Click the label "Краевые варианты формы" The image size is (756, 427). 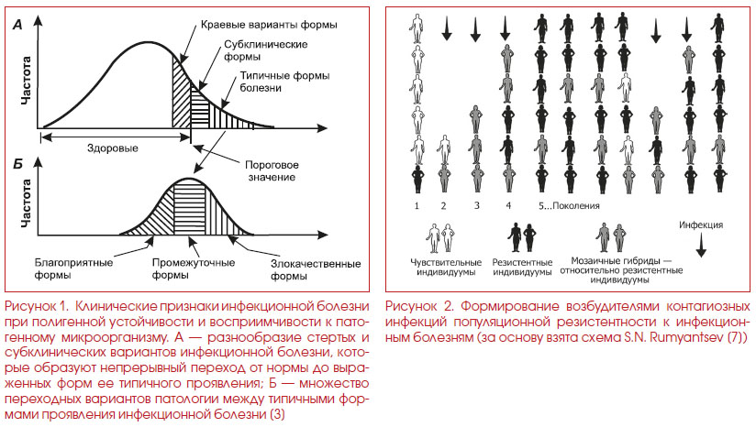click(269, 25)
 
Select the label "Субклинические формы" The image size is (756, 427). click(266, 50)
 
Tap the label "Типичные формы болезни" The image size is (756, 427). click(285, 82)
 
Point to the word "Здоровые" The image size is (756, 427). click(112, 148)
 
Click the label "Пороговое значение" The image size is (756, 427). click(272, 170)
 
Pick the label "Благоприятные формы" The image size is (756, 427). click(73, 268)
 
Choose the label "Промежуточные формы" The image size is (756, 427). click(194, 268)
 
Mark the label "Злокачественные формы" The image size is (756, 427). click(316, 269)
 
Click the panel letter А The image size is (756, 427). click(17, 25)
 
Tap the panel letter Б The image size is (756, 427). click(17, 165)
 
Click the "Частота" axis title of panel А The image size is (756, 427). click(26, 81)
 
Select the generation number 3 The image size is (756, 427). click(476, 205)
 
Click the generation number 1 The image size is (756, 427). click(417, 205)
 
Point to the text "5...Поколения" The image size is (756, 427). click(569, 205)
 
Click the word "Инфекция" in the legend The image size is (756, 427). click(701, 224)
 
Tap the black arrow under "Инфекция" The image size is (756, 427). click(701, 245)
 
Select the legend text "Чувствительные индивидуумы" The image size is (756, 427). click(446, 268)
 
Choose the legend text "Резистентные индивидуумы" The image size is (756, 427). click(522, 268)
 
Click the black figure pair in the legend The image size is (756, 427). click(522, 237)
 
